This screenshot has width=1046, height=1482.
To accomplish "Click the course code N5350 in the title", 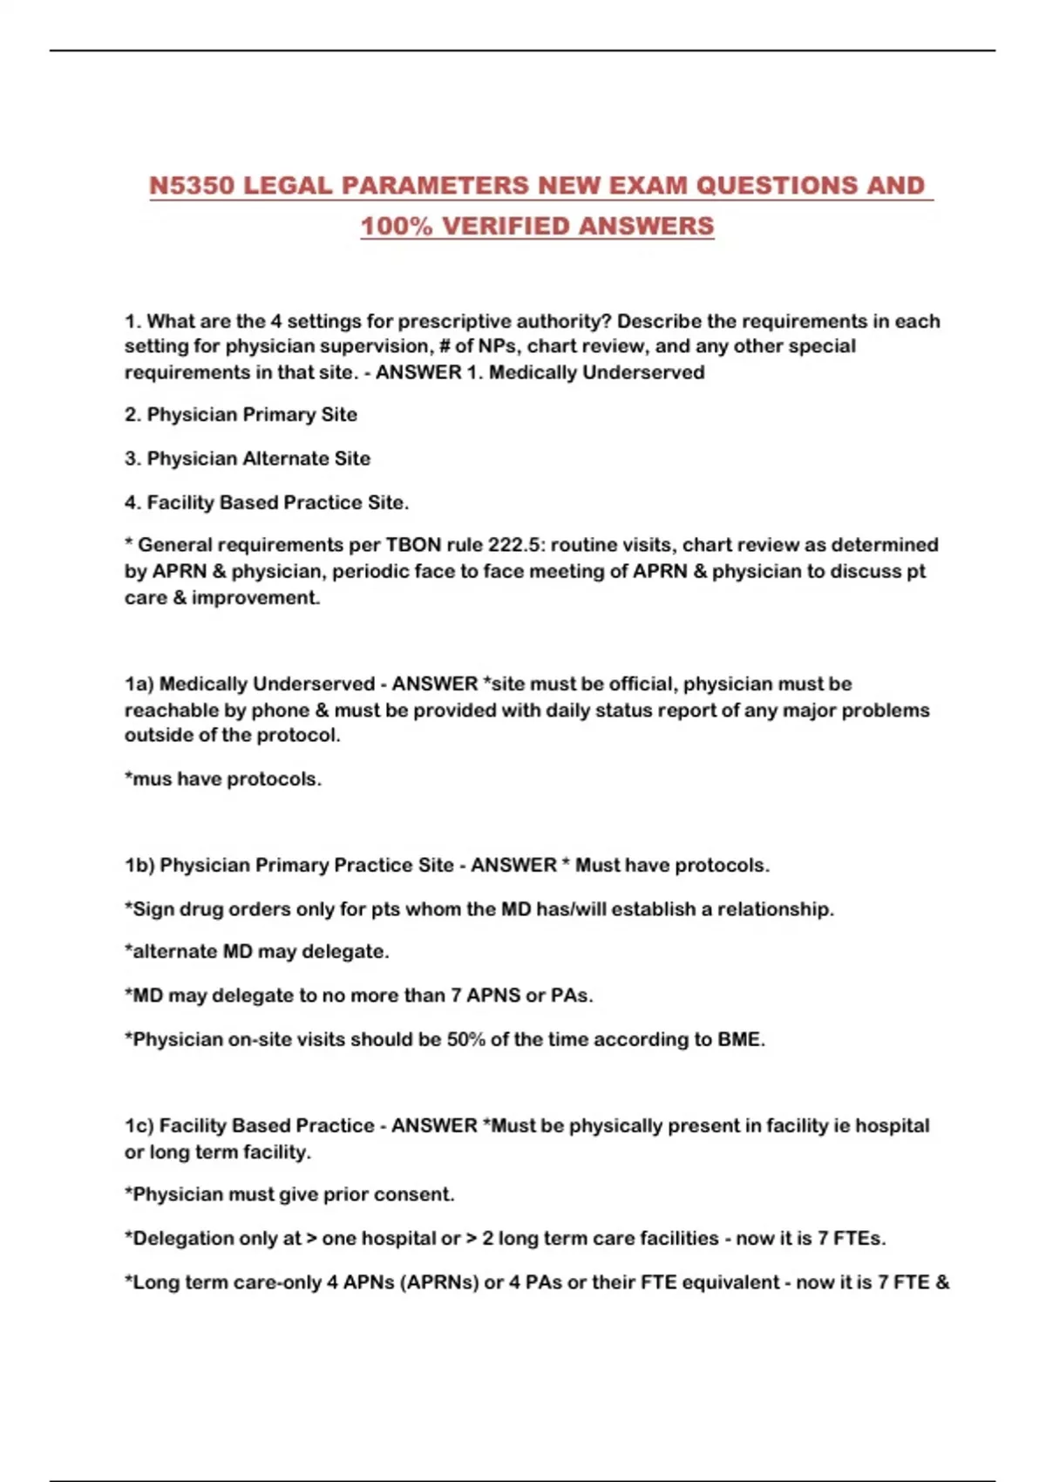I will [x=193, y=186].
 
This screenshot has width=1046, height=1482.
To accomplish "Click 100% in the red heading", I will [x=397, y=226].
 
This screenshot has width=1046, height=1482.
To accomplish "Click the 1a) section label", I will [x=139, y=683].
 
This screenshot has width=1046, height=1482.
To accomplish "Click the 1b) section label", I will [x=139, y=865].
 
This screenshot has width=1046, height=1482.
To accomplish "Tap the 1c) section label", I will [x=139, y=1125].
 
